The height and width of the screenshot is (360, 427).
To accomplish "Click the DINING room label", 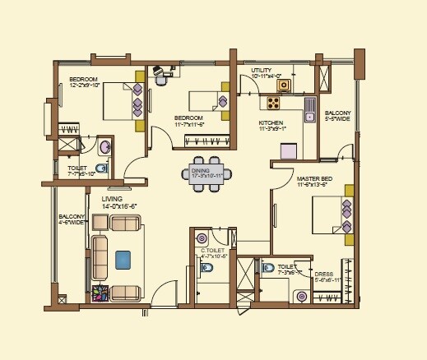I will [207, 173].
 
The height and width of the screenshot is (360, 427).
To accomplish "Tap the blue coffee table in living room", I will [123, 260].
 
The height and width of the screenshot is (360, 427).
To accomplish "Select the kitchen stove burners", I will [273, 104].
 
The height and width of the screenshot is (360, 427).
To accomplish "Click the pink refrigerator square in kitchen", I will [288, 150].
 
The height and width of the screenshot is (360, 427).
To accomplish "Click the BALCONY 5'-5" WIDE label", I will [338, 115].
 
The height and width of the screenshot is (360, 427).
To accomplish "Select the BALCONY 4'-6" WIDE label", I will [71, 219].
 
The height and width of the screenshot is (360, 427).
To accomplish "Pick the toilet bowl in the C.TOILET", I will [209, 270].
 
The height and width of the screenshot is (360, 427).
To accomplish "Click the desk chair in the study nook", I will [164, 79].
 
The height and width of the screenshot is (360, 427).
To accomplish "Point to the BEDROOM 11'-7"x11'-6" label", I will [189, 121].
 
